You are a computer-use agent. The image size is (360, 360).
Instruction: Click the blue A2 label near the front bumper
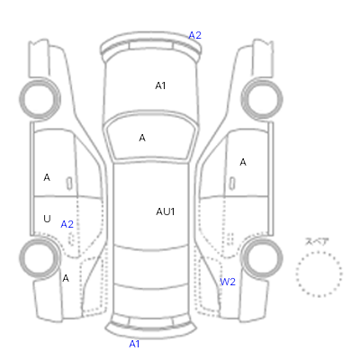coord(194,35)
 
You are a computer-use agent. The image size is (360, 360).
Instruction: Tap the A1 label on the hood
coord(160,85)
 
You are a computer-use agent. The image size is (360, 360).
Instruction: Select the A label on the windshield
coord(142,138)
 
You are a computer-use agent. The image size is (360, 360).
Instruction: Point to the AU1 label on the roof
coord(166,211)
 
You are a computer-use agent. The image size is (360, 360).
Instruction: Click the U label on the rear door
coord(47,219)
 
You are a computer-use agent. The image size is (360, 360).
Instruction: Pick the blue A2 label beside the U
coord(67,224)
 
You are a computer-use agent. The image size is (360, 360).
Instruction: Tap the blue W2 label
coord(228,282)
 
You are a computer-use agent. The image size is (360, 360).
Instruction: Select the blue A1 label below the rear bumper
coord(134,344)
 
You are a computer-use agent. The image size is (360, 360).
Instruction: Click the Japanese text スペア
coord(317,241)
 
